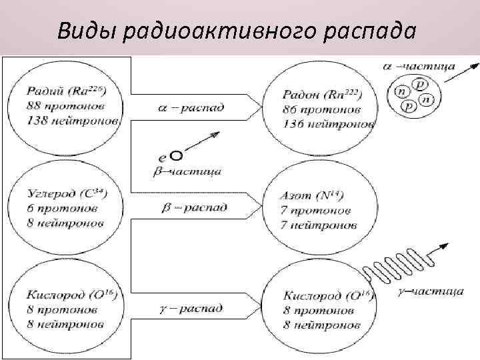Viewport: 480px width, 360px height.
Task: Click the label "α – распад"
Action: (193, 107)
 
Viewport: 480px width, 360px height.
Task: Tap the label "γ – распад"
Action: (193, 309)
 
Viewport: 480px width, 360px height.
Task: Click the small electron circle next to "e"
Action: (177, 156)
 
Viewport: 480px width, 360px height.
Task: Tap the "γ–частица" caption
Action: (433, 291)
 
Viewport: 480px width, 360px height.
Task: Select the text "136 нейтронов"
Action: (329, 123)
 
